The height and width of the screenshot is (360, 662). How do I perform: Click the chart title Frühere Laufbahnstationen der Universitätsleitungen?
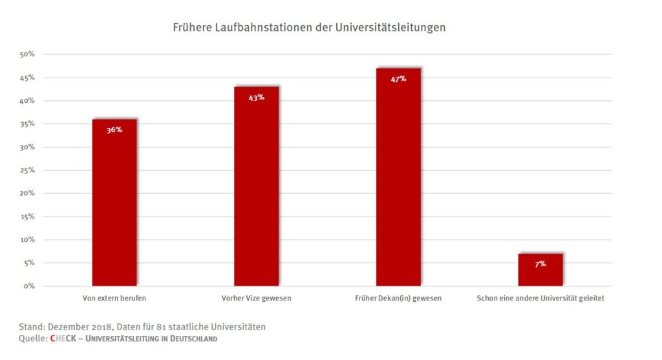(309, 28)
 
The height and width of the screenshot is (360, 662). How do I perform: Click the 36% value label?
(114, 130)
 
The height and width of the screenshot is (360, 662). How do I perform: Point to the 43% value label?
(257, 98)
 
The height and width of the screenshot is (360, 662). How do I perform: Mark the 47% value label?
(398, 79)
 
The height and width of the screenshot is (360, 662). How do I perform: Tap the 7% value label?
(540, 264)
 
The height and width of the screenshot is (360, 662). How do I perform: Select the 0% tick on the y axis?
(28, 286)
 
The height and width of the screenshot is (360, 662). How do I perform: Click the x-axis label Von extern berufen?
(114, 299)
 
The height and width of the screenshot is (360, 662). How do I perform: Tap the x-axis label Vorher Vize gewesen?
(257, 299)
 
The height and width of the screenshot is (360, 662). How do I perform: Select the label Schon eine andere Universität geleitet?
(540, 299)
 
